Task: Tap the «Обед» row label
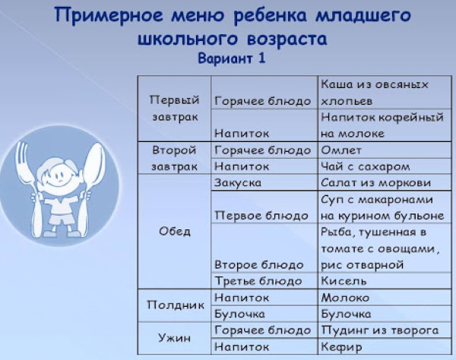(x=174, y=232)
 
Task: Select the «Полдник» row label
(x=174, y=305)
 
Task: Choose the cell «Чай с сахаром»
(x=366, y=166)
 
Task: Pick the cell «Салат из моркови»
(x=375, y=183)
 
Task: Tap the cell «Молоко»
(x=345, y=298)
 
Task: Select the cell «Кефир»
(x=340, y=346)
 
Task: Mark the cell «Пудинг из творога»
(x=379, y=330)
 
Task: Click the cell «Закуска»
(x=239, y=183)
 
